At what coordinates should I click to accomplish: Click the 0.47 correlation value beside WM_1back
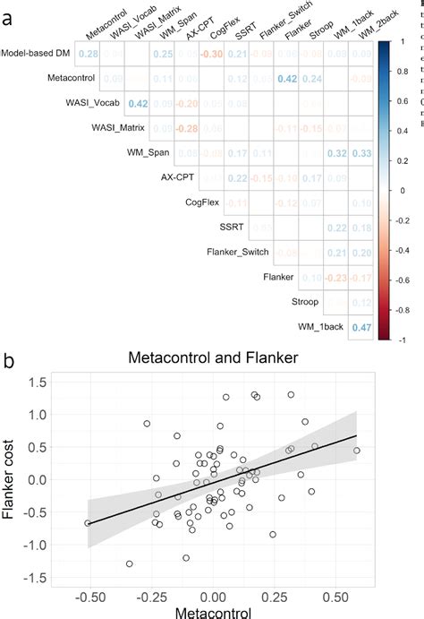(360, 328)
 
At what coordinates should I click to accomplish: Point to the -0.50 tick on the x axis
(88, 594)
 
